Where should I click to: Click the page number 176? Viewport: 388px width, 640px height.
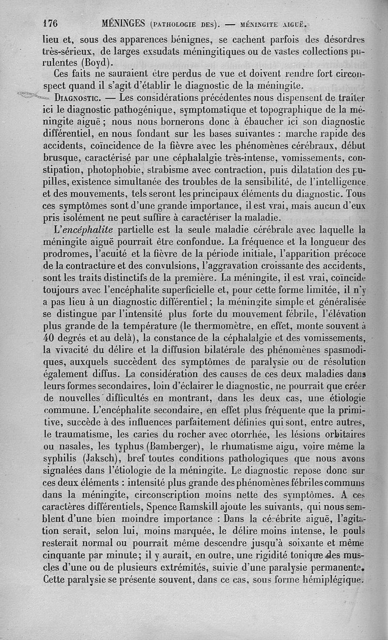(50, 23)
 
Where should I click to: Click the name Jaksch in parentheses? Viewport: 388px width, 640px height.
(101, 458)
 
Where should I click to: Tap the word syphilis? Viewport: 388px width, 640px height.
(60, 458)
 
